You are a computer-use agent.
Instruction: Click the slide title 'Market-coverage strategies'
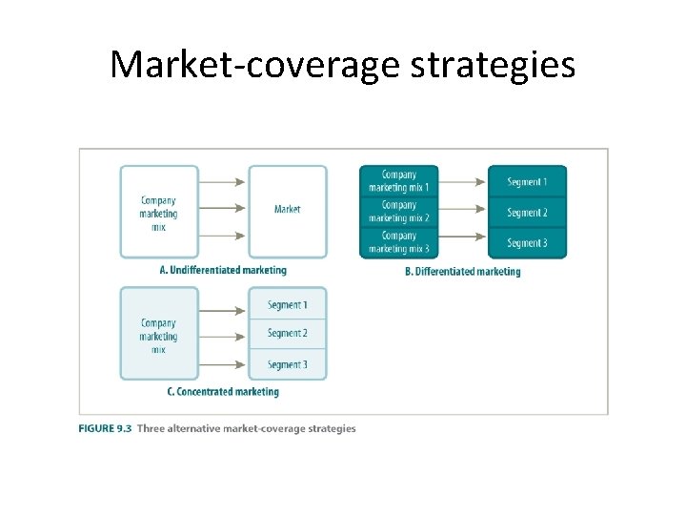342,65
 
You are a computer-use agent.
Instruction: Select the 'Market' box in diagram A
287,211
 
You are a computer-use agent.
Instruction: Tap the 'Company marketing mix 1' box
398,181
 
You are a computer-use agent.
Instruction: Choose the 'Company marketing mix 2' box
398,212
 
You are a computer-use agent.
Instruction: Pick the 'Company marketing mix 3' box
398,242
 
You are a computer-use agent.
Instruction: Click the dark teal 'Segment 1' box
527,181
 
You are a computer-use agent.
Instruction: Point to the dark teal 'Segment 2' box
527,212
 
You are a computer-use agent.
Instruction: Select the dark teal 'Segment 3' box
527,243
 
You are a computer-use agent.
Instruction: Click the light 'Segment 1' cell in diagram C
287,305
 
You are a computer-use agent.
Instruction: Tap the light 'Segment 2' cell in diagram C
287,334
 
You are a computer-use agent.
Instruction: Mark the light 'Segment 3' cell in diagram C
287,364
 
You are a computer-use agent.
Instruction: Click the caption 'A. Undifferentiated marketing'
222,270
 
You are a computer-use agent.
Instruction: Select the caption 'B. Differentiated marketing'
462,272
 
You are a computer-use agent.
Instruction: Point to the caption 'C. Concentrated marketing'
223,391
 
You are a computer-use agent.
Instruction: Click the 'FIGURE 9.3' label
105,428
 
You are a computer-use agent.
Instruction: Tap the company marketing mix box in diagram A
159,212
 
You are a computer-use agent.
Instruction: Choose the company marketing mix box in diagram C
159,334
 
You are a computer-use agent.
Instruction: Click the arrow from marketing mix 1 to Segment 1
462,181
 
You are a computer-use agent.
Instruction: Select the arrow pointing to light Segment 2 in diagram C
223,334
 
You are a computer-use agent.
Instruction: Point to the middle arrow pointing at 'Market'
223,209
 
